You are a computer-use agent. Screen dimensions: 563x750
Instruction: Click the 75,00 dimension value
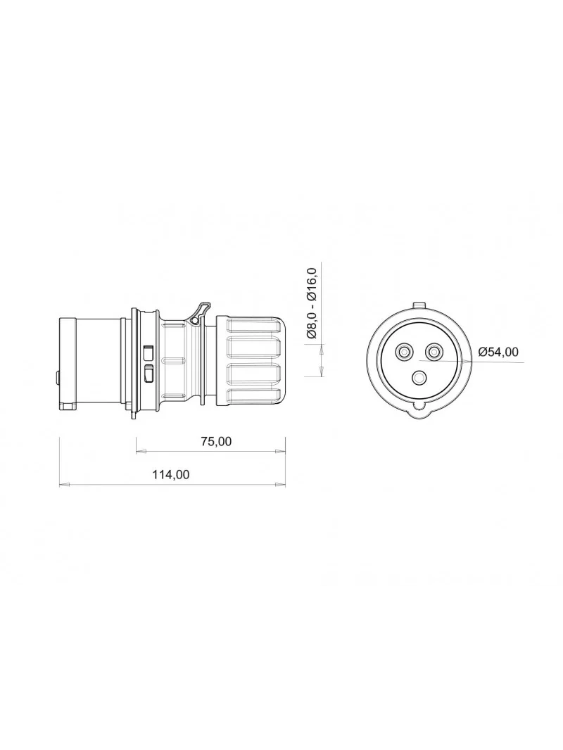point(216,441)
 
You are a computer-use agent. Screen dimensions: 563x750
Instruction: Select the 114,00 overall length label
point(171,474)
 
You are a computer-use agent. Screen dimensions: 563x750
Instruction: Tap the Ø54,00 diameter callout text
point(498,352)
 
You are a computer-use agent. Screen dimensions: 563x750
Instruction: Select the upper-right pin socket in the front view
point(434,352)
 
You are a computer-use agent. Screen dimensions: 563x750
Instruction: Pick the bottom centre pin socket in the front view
point(419,379)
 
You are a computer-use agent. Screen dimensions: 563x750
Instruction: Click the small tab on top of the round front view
point(419,305)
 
